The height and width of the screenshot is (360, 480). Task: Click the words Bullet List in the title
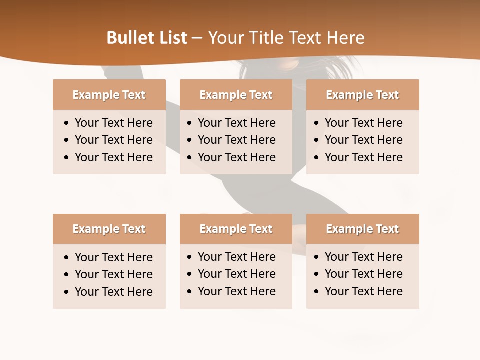[x=147, y=38]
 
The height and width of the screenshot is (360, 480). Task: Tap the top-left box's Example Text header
[x=109, y=95]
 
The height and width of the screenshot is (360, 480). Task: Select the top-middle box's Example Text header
[x=236, y=95]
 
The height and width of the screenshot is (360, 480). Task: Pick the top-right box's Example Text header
[x=362, y=95]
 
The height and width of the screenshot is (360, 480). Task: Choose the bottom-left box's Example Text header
[x=109, y=229]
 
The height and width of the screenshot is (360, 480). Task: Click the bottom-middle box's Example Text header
[x=236, y=229]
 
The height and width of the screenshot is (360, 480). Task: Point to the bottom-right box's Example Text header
[x=362, y=229]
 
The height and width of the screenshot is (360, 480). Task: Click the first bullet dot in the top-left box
[x=67, y=123]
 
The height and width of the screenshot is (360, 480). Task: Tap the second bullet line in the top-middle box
[x=236, y=140]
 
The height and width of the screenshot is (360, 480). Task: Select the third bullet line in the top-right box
[x=363, y=157]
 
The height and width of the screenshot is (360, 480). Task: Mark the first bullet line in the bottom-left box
[x=113, y=257]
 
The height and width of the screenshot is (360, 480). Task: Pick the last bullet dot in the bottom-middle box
[x=190, y=292]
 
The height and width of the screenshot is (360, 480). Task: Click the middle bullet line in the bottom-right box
[x=363, y=274]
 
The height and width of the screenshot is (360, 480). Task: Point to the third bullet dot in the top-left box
[x=67, y=158]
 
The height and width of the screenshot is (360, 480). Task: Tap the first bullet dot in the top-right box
[x=317, y=123]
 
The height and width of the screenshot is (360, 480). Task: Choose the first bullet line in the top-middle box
[x=236, y=123]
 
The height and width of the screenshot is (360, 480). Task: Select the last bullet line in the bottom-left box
[x=113, y=292]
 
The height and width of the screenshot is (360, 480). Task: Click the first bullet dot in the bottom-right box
[x=317, y=257]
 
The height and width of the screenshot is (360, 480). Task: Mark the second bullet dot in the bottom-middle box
[x=190, y=274]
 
